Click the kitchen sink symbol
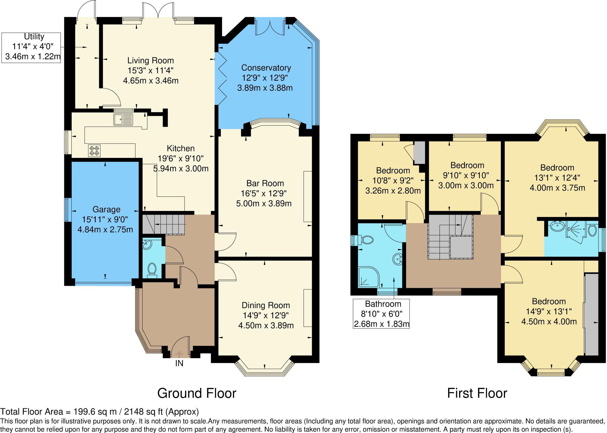123,119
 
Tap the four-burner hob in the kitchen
94,151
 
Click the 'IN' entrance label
179,363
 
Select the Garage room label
106,210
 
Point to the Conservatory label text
266,68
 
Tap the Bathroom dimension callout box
381,314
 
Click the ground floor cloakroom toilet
152,269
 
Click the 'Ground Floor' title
197,393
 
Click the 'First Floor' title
477,393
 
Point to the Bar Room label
265,183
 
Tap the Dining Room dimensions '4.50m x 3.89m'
266,326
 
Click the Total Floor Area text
99,412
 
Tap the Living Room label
151,61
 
